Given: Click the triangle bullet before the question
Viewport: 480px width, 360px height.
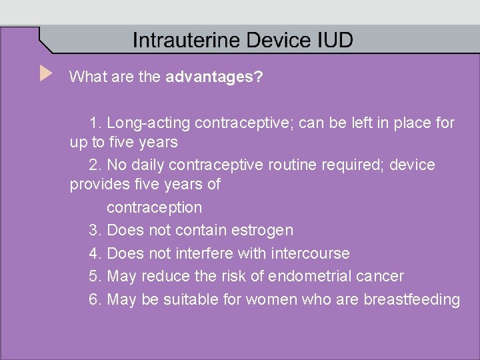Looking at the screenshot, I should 45,73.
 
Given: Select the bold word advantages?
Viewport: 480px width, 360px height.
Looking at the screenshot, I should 214,77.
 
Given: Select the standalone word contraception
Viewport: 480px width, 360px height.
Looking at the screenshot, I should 154,207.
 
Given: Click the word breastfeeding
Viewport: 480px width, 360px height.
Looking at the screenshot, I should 411,299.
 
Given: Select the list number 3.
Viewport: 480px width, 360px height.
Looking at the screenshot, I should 94,230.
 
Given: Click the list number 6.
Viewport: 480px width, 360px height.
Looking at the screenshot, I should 94,299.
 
